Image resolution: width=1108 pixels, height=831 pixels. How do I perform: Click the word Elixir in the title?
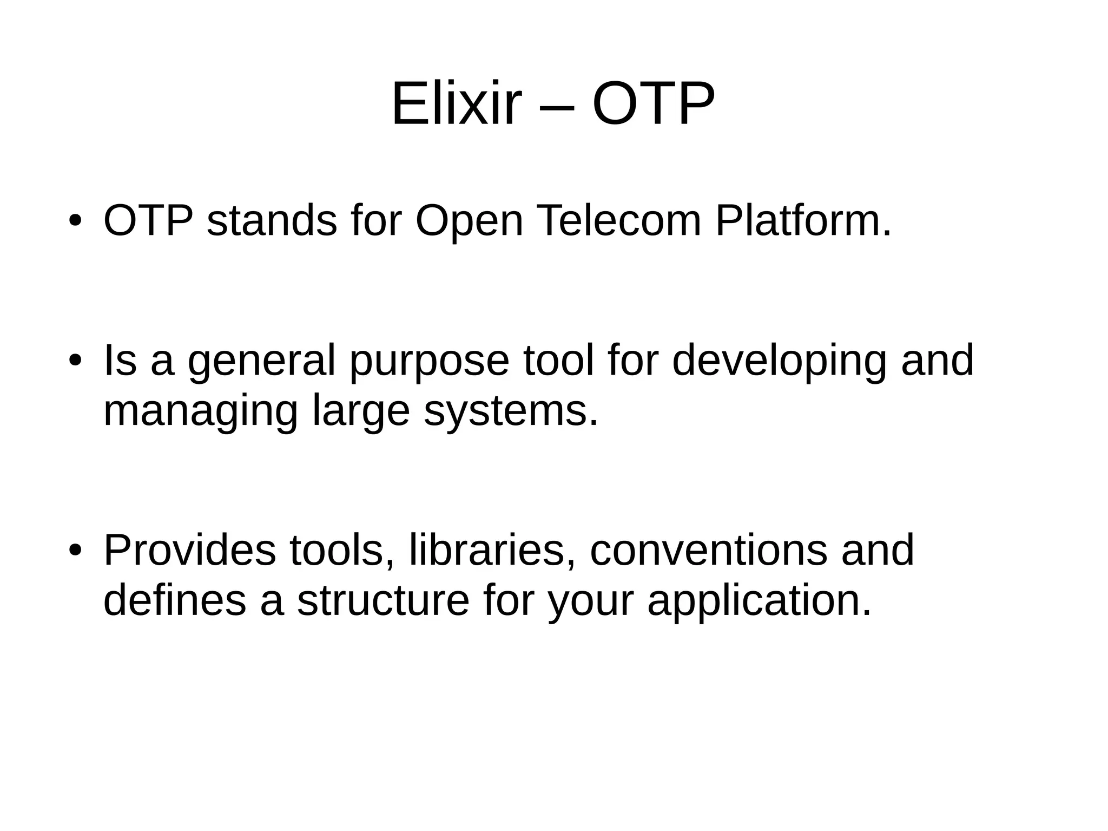coord(456,103)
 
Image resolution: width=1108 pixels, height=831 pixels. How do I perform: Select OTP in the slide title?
coord(653,103)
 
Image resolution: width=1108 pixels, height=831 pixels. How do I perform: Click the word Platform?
coord(803,222)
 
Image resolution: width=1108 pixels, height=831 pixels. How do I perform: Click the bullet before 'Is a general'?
coord(75,361)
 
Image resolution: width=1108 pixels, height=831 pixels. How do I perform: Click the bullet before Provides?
coord(75,550)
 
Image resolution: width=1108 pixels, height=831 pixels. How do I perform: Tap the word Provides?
coord(189,550)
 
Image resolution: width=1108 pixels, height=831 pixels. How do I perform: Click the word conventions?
coord(708,550)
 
